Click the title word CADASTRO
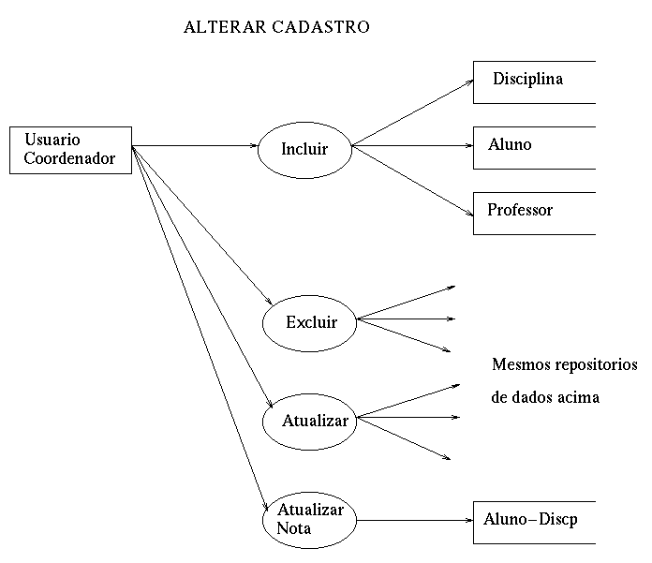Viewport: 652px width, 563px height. tap(320, 27)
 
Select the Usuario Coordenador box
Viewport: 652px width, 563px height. tap(70, 150)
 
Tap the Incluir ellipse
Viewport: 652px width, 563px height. tap(304, 148)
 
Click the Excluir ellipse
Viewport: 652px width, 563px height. tap(311, 323)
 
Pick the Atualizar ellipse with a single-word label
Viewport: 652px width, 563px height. tap(315, 421)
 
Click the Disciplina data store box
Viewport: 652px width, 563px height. tap(533, 81)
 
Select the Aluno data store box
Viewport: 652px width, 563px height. tap(533, 147)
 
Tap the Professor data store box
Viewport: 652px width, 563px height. tap(533, 213)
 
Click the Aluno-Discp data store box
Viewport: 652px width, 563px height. tap(533, 520)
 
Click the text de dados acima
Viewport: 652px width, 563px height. tap(544, 397)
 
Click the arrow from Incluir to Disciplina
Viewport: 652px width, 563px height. tap(412, 112)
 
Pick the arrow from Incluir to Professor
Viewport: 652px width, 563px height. tap(412, 180)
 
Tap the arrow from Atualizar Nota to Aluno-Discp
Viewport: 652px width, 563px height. tap(412, 520)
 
